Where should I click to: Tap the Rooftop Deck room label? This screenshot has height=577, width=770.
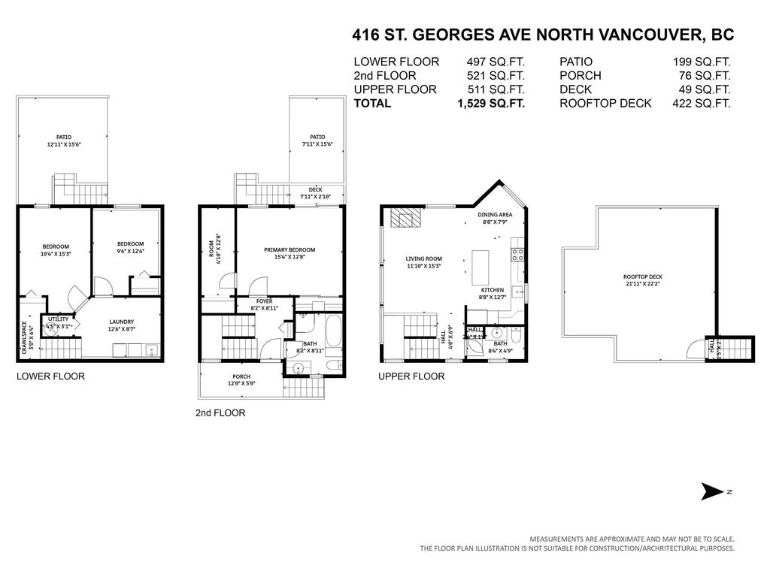642,279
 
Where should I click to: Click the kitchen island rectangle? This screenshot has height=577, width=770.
482,267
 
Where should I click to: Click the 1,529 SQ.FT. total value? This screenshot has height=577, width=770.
491,104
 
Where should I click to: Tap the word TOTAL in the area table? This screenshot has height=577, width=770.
372,104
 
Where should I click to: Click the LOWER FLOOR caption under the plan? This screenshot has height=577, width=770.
50,376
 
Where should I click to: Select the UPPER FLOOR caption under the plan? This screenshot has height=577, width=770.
411,376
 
